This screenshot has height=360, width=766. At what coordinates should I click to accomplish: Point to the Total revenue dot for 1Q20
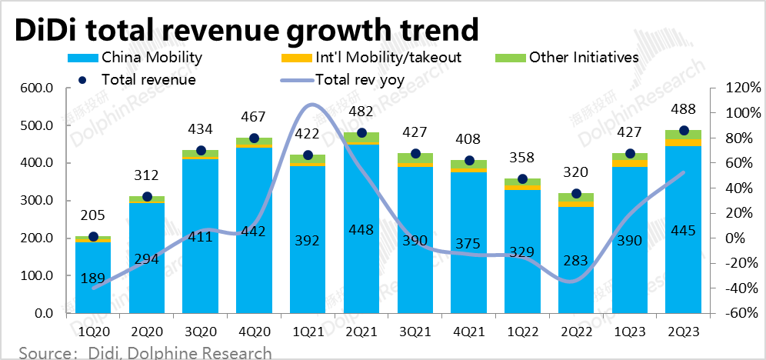point(93,236)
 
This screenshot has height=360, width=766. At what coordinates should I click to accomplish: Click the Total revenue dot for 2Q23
point(683,131)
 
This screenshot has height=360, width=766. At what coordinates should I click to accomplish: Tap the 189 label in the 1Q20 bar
point(93,278)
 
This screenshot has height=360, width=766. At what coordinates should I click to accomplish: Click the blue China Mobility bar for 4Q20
point(254,254)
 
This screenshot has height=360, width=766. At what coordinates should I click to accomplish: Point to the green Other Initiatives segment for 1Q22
point(522,182)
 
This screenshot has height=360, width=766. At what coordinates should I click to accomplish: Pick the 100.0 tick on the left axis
point(36,276)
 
